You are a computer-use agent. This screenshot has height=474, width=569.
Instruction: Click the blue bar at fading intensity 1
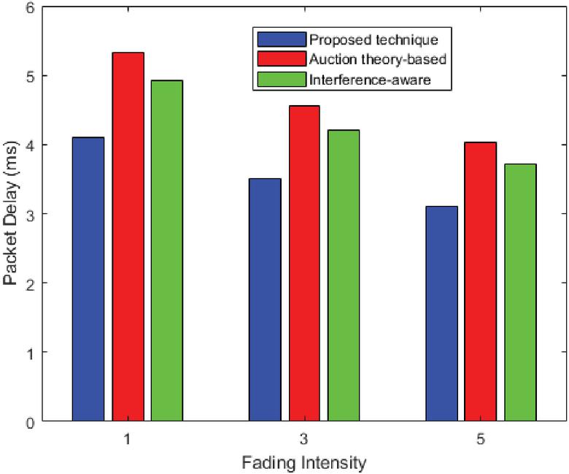[x=88, y=279]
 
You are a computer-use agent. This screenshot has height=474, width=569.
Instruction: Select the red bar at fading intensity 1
[x=128, y=237]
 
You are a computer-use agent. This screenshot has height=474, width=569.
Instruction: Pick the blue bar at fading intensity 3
[x=265, y=299]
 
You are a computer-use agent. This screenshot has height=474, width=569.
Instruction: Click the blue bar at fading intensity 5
[x=441, y=313]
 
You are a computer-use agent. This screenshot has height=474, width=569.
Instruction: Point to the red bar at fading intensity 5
[x=481, y=281]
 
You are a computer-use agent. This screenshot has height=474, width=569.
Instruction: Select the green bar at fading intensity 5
[x=520, y=292]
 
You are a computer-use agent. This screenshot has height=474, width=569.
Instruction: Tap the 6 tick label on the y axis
[x=29, y=7]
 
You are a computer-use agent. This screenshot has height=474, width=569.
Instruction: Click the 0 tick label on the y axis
[x=29, y=421]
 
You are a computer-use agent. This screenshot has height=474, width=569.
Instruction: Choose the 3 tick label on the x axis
[x=304, y=440]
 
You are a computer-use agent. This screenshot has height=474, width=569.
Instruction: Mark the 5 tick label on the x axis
[x=481, y=440]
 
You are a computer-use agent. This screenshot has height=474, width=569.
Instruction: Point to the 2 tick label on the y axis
[x=29, y=283]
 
